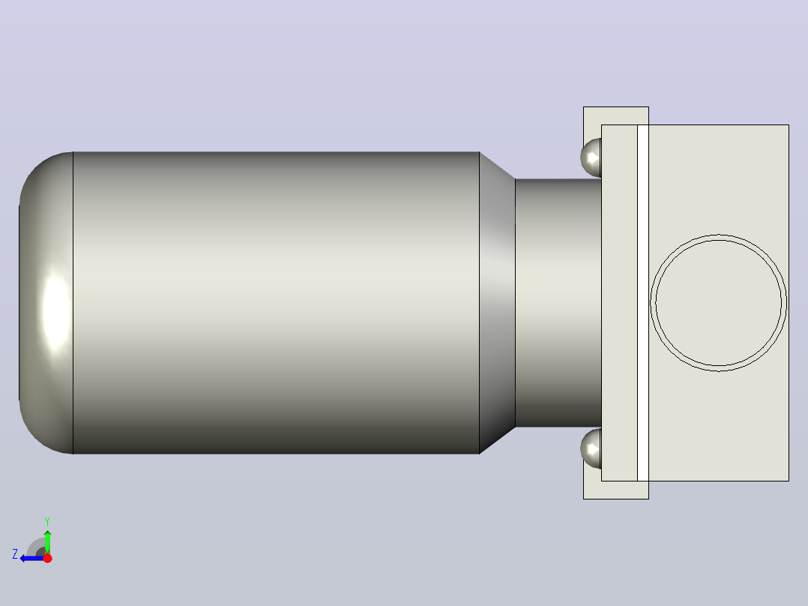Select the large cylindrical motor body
tap(276, 303)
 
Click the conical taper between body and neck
tap(497, 303)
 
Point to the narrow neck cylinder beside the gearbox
tap(558, 303)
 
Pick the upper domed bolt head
tap(591, 157)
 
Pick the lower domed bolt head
tap(591, 448)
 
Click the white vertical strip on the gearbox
tap(643, 303)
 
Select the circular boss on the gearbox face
tap(719, 303)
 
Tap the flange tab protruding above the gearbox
tap(616, 115)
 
